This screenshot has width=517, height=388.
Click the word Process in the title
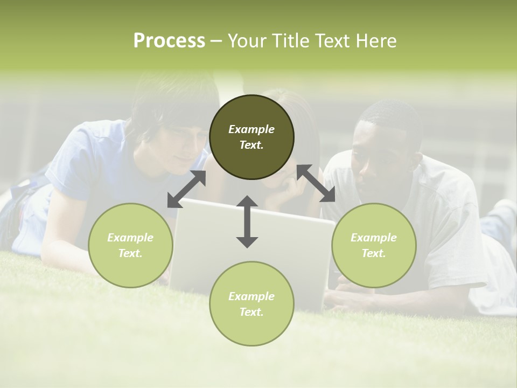(x=169, y=41)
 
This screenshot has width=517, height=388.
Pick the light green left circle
(x=130, y=245)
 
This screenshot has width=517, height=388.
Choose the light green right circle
(x=374, y=245)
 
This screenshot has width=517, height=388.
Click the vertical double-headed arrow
(x=247, y=221)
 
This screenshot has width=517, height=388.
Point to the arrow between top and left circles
(x=187, y=189)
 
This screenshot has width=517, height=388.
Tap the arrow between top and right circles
(x=316, y=183)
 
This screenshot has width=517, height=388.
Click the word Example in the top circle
(x=251, y=129)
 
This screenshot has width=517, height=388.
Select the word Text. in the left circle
(x=130, y=253)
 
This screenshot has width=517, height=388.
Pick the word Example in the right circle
(x=374, y=238)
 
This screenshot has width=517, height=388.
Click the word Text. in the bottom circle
(x=251, y=312)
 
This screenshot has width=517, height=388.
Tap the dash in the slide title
(x=216, y=41)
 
